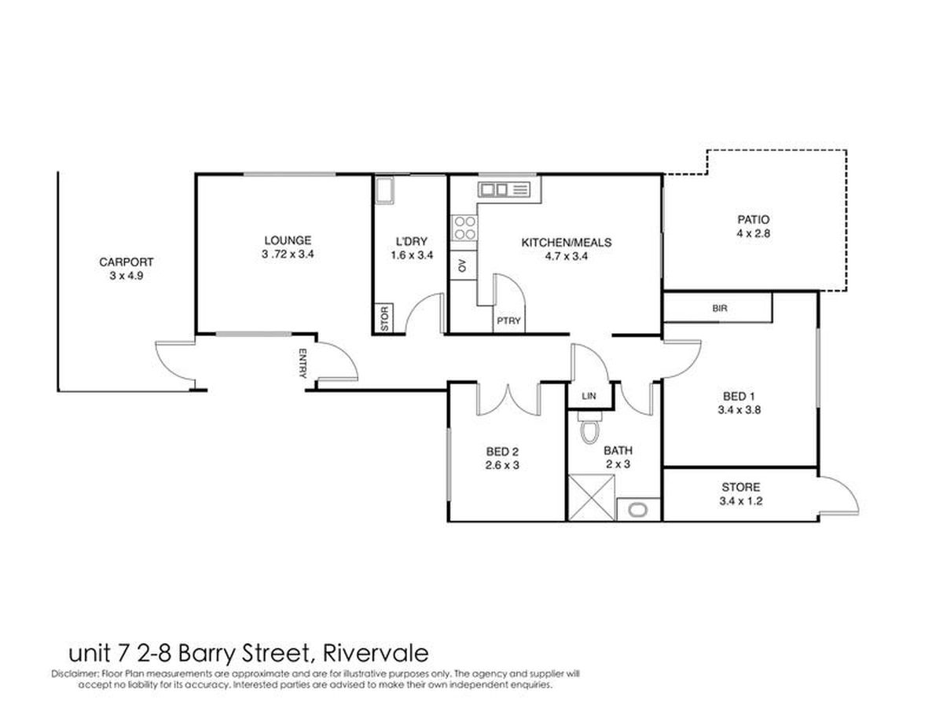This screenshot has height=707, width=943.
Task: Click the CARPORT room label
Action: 126,262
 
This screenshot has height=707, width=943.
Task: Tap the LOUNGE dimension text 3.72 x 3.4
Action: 288,254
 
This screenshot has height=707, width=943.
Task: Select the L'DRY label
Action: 412,241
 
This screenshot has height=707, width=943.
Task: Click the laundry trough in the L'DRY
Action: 384,191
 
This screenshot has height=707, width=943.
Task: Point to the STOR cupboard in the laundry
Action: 384,318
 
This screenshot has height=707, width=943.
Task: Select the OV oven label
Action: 462,266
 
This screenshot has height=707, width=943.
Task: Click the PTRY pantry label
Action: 508,321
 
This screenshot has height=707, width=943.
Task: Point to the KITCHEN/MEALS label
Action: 566,242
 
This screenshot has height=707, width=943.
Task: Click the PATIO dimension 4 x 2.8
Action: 753,233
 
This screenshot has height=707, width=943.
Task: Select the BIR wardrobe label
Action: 720,308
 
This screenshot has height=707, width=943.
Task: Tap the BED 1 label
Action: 739,396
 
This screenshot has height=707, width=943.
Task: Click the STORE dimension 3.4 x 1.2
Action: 741,501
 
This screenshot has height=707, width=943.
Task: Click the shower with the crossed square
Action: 591,497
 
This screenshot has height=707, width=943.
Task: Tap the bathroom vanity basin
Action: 637,510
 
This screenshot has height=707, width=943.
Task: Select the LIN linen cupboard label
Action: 589,396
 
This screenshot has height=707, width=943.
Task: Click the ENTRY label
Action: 303,363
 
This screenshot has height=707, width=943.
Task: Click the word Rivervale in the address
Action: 376,653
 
